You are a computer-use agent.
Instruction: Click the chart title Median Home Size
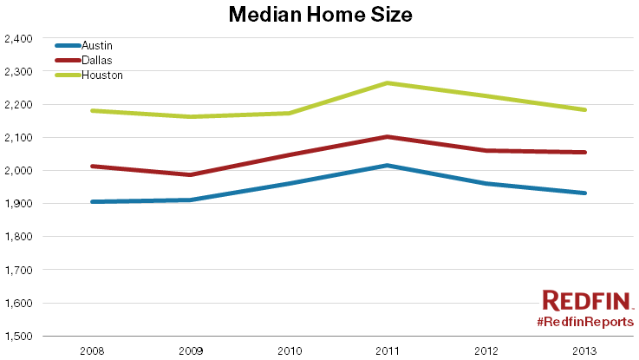click(x=318, y=15)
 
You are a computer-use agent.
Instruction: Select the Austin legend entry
click(x=95, y=45)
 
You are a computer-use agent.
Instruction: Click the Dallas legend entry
click(x=96, y=60)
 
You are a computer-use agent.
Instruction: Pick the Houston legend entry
click(x=101, y=75)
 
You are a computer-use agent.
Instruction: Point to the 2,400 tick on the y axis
click(x=18, y=39)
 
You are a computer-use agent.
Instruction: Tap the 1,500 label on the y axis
click(x=18, y=336)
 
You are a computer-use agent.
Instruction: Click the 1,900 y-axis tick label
click(x=18, y=204)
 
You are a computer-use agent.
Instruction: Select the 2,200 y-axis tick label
click(x=18, y=105)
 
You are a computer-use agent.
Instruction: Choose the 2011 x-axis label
click(x=387, y=350)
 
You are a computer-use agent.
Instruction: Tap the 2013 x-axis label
click(x=584, y=350)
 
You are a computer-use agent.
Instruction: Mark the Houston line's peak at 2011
click(x=387, y=83)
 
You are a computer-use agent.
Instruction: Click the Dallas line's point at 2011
click(x=387, y=136)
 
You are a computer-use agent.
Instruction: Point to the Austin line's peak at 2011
click(x=387, y=165)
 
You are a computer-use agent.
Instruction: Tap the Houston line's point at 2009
click(x=190, y=116)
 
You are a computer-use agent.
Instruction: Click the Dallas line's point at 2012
click(x=486, y=150)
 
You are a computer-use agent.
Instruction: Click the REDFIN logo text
click(x=587, y=301)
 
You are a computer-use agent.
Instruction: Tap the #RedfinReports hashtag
click(x=584, y=322)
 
